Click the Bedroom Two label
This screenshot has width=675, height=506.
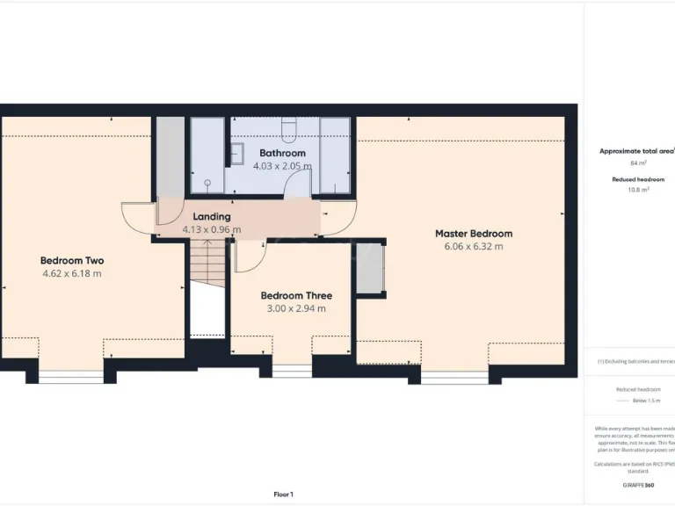[72, 260]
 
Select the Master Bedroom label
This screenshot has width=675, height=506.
[474, 234]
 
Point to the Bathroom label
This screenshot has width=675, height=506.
[282, 153]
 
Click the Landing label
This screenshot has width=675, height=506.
[211, 216]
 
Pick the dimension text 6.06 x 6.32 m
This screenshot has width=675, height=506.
[474, 247]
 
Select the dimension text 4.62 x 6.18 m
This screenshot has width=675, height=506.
[72, 273]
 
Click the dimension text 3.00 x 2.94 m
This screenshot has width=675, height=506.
[296, 308]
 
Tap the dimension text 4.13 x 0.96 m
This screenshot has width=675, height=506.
[211, 229]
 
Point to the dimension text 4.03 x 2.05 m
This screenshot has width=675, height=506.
[282, 165]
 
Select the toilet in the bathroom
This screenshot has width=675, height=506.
[289, 131]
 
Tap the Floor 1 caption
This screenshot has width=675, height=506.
[283, 495]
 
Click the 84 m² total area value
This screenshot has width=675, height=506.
[638, 163]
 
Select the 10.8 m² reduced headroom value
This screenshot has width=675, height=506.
[638, 190]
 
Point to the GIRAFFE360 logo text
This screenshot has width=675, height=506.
[638, 485]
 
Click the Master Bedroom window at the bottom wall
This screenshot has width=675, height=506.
[454, 378]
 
